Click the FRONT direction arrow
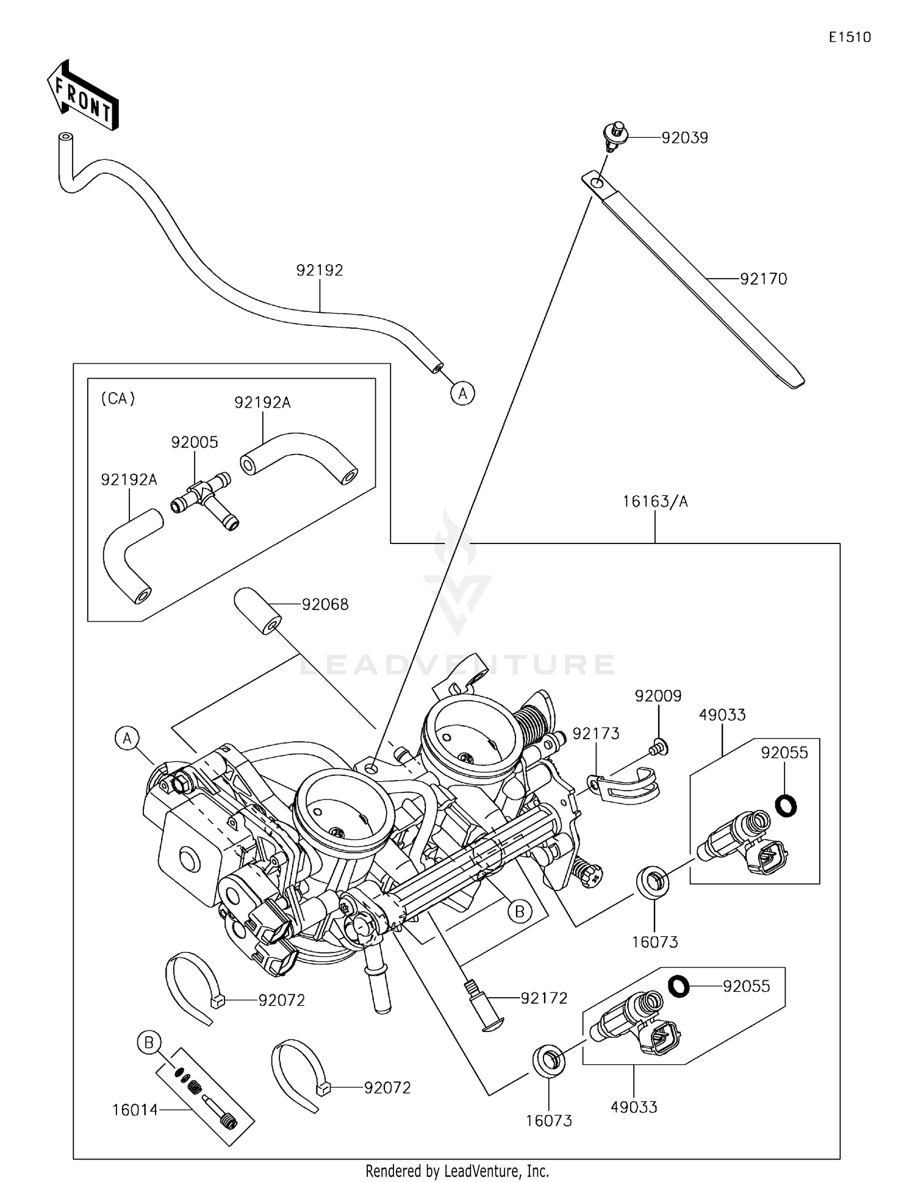pos(82,96)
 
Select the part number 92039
pos(684,138)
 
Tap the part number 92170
pos(763,279)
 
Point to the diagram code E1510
pos(850,37)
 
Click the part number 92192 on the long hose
pos(320,270)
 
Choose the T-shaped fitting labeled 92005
pos(204,498)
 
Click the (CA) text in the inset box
pos(118,398)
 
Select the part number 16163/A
pos(655,501)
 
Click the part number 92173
pos(595,734)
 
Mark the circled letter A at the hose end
pos(463,393)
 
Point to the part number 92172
pos(544,998)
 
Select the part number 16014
pos(135,1110)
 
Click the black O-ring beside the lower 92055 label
pos(678,986)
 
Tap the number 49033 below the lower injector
pos(634,1107)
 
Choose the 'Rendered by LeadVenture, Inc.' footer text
pos(457,1170)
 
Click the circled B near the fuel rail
pos(520,911)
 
